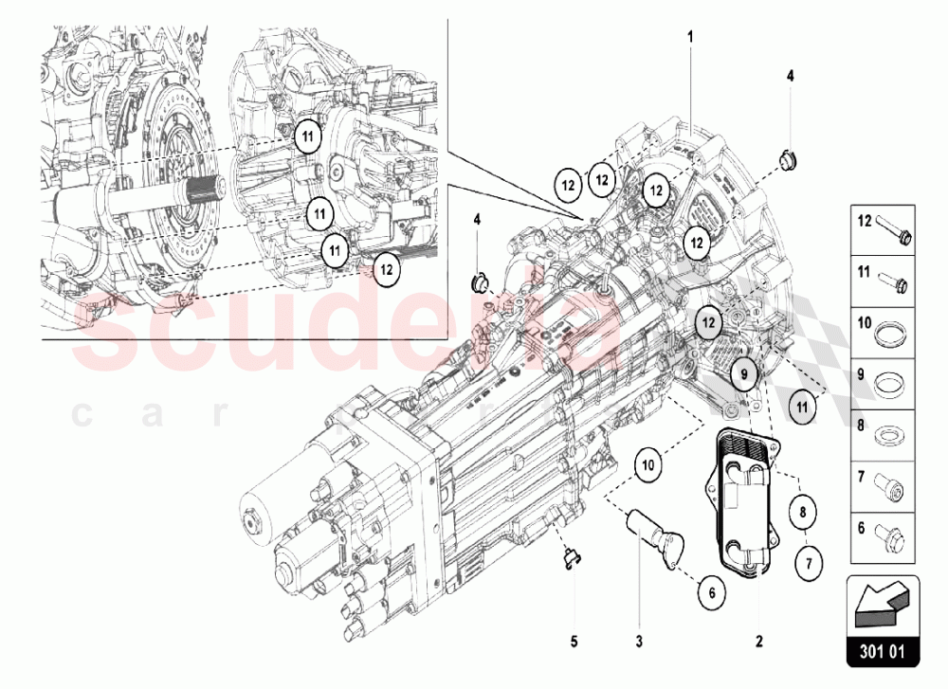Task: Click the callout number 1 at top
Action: click(690, 37)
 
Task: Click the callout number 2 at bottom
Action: click(758, 641)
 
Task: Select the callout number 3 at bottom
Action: click(639, 641)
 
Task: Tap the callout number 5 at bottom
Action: click(574, 641)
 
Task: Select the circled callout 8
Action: click(804, 513)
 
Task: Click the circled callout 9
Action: click(745, 374)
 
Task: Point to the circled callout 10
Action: click(647, 465)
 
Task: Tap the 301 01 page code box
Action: click(882, 651)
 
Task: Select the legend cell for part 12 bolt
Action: click(882, 227)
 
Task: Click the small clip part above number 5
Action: click(569, 560)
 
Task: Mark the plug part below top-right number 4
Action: click(786, 160)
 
